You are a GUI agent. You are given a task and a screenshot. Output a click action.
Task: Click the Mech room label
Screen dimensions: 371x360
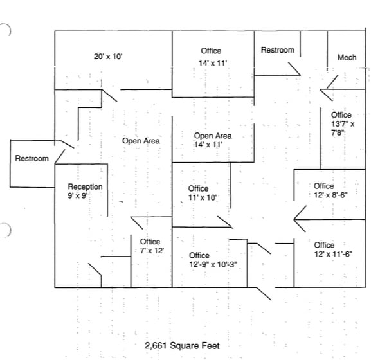(x=347, y=57)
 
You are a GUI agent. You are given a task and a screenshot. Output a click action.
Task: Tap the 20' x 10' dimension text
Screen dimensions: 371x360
(x=108, y=57)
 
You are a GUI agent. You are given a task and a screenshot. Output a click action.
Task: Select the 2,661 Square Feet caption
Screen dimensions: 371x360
(x=182, y=346)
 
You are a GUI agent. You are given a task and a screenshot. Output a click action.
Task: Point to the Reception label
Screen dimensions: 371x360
(x=85, y=186)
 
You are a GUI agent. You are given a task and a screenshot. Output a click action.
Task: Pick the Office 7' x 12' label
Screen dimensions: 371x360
(x=152, y=246)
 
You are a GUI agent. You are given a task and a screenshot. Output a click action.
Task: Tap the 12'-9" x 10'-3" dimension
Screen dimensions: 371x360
(x=213, y=264)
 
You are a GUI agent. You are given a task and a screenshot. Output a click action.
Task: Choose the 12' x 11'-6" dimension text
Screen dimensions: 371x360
(x=333, y=254)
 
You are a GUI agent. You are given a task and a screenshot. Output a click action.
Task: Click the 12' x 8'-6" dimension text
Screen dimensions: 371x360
(x=330, y=195)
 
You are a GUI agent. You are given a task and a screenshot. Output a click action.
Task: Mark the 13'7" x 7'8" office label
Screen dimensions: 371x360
(x=343, y=123)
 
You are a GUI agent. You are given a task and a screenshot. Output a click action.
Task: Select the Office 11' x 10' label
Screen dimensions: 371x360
(x=203, y=193)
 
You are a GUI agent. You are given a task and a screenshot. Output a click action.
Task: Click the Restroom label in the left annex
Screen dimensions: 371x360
(x=32, y=158)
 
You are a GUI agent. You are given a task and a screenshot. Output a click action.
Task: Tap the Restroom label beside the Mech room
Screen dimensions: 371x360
(x=278, y=50)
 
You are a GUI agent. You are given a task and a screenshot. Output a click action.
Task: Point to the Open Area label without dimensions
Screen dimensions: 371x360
(x=141, y=141)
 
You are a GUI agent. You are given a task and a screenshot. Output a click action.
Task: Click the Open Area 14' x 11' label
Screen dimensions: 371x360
(x=213, y=140)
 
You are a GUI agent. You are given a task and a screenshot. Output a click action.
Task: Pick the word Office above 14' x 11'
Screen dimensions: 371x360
(x=211, y=51)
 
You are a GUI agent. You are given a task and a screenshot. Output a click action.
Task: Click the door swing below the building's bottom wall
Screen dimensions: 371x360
(x=264, y=294)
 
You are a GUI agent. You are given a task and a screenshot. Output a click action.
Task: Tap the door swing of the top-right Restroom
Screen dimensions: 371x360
(x=294, y=69)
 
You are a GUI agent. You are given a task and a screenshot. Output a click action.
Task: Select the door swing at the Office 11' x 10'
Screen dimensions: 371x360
(x=225, y=222)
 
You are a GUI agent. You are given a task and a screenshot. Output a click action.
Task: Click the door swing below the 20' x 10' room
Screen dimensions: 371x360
(x=109, y=96)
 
